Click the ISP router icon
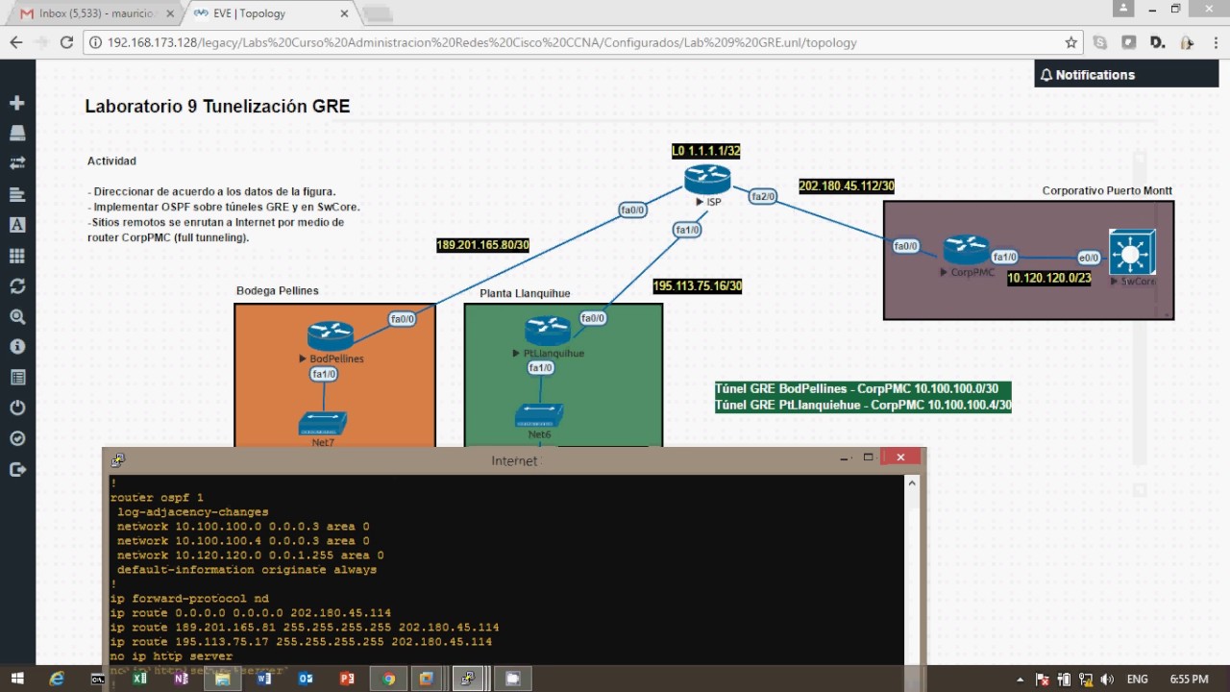pyautogui.click(x=707, y=180)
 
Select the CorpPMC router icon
pyautogui.click(x=966, y=250)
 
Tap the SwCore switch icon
pyautogui.click(x=1131, y=253)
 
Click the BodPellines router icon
pyautogui.click(x=331, y=335)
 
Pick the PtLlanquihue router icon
pyautogui.click(x=548, y=331)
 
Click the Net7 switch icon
pyautogui.click(x=323, y=423)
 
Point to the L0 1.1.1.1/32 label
pyautogui.click(x=705, y=151)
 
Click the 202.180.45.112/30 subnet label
pyautogui.click(x=846, y=186)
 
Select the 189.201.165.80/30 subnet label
pyautogui.click(x=482, y=245)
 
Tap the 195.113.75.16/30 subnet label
pyautogui.click(x=697, y=286)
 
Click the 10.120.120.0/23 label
pyautogui.click(x=1048, y=279)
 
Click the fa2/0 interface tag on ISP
pyautogui.click(x=763, y=197)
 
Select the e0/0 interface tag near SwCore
pyautogui.click(x=1088, y=258)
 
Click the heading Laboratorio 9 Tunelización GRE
pyautogui.click(x=217, y=107)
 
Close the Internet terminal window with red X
pyautogui.click(x=900, y=457)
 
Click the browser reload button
pyautogui.click(x=66, y=42)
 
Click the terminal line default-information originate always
pyautogui.click(x=246, y=570)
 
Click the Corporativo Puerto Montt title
pyautogui.click(x=1107, y=190)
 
